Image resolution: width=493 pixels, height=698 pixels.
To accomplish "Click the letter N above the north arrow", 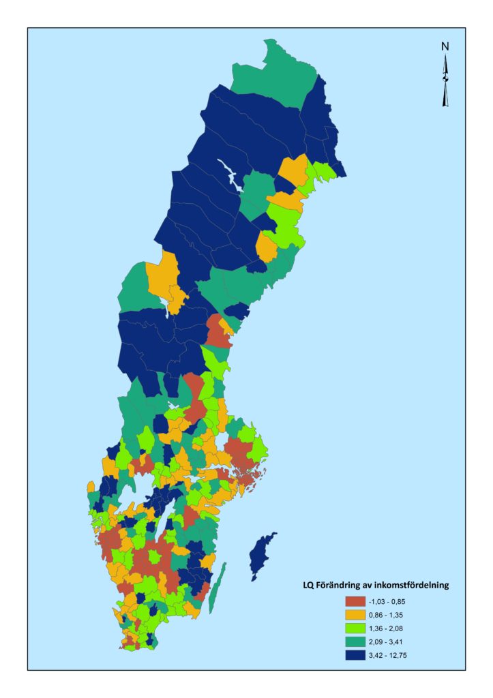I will click(x=445, y=47).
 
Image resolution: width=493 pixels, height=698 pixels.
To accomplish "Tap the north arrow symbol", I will click(x=446, y=82).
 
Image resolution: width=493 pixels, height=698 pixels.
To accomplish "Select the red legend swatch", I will click(x=355, y=601).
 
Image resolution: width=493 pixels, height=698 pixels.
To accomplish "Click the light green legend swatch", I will click(x=355, y=628).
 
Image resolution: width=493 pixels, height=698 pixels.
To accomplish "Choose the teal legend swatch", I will click(x=355, y=641).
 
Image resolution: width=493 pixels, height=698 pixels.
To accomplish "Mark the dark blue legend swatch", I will click(x=355, y=655).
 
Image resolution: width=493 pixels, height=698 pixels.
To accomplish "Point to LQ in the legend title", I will click(x=308, y=585).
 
